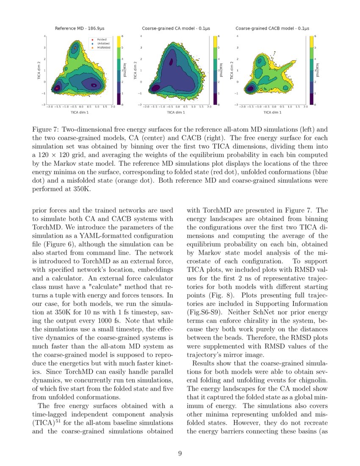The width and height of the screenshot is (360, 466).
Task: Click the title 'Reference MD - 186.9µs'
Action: pyautogui.click(x=80, y=28)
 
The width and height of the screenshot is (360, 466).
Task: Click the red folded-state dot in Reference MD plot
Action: pyautogui.click(x=56, y=88)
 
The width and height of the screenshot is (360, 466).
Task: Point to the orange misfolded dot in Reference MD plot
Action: pyautogui.click(x=75, y=48)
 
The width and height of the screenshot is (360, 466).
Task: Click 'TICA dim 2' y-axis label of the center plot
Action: pyautogui.click(x=135, y=70)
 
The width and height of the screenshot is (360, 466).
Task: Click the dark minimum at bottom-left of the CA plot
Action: pyautogui.click(x=155, y=88)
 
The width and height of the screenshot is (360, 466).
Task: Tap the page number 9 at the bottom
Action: pyautogui.click(x=180, y=454)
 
